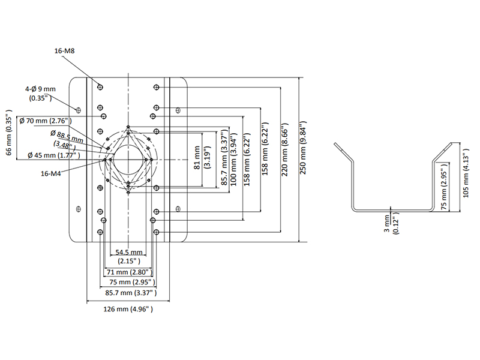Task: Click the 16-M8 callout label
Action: point(64,52)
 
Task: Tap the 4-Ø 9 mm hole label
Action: point(40,92)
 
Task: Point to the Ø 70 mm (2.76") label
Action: point(46,121)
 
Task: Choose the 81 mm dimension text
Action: point(197,159)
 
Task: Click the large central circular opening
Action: point(129,158)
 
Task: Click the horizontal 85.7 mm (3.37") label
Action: point(131,292)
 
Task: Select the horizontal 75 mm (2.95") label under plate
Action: point(130,282)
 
